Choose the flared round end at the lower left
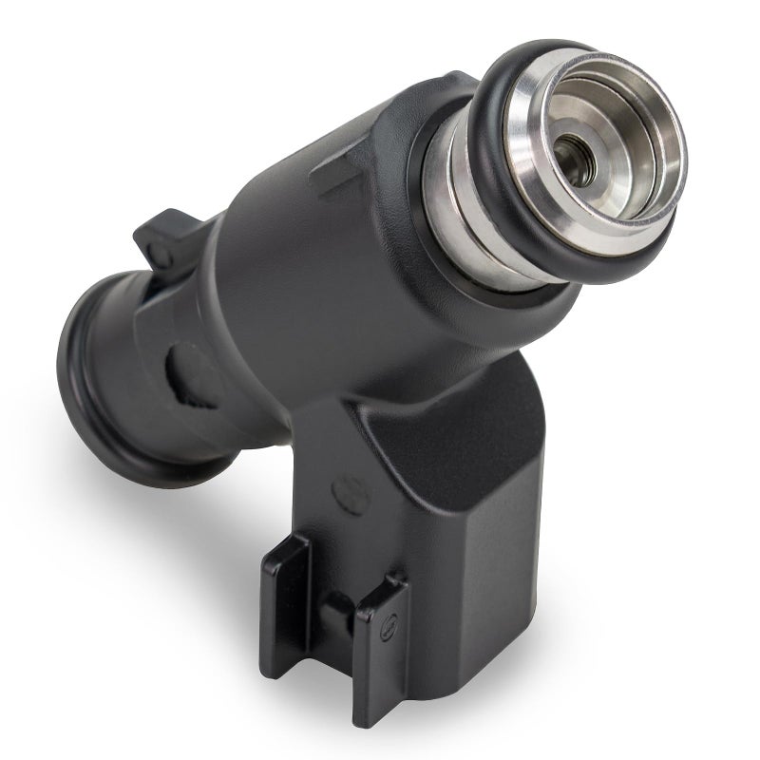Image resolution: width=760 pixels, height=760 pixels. pos(90,380)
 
